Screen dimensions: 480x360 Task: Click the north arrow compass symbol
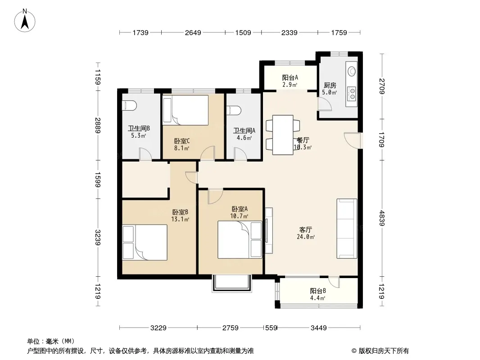point(25,21)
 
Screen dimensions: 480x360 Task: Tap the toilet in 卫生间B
point(129,105)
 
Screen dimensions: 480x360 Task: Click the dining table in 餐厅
point(283,135)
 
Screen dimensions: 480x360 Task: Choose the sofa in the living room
point(347,229)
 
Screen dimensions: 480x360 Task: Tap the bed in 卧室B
point(145,242)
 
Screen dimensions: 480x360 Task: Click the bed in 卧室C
point(186,110)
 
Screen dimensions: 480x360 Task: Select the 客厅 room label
point(305,229)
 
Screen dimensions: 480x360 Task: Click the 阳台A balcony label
point(290,78)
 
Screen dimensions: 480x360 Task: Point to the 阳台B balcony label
point(318,291)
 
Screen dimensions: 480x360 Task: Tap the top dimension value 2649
point(193,32)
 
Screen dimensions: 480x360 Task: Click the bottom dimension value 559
point(271,328)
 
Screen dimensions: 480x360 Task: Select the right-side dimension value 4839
point(381,218)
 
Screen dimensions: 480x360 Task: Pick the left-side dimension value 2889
point(98,126)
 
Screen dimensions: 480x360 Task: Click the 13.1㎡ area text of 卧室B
point(180,219)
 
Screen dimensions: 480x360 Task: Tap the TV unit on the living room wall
point(269,231)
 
